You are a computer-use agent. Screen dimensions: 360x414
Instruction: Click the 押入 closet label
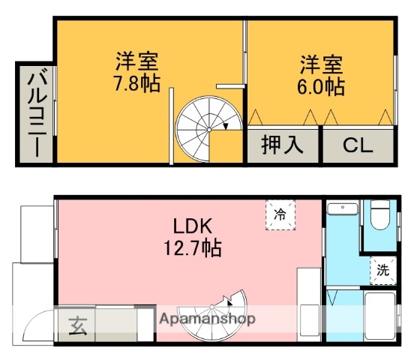click(x=282, y=145)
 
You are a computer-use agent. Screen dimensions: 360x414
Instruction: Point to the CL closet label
click(x=358, y=145)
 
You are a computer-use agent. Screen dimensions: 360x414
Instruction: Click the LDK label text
click(x=194, y=226)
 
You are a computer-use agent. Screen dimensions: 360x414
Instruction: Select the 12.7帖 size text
click(x=194, y=247)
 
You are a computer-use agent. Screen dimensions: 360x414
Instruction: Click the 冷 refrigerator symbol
click(x=280, y=213)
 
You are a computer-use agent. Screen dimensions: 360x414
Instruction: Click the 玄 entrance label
click(x=77, y=325)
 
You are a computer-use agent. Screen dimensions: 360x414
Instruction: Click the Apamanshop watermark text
click(x=207, y=319)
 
